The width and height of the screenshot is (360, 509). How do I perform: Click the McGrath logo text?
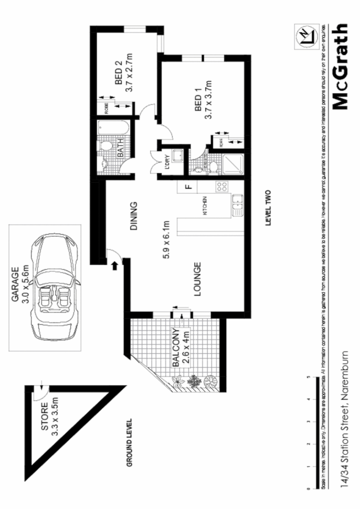pyautogui.click(x=341, y=67)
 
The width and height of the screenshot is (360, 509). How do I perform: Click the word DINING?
pyautogui.click(x=134, y=217)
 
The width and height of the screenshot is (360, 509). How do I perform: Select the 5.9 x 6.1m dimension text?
pyautogui.click(x=165, y=240)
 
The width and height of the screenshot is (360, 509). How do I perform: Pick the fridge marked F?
pyautogui.click(x=187, y=187)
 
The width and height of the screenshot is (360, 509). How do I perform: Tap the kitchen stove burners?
pyautogui.click(x=223, y=187)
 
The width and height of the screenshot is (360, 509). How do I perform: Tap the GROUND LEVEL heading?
pyautogui.click(x=129, y=442)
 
